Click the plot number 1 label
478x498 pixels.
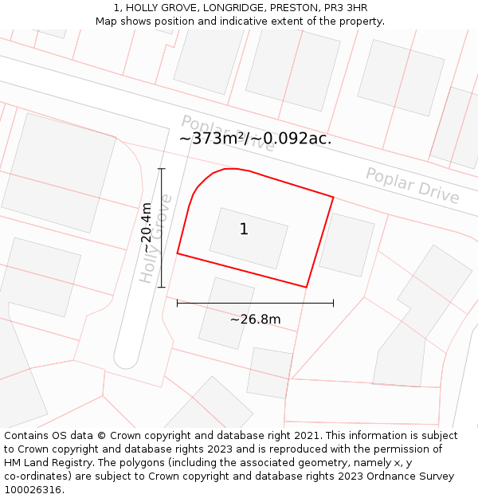point(244,229)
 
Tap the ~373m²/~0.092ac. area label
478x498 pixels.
point(255,138)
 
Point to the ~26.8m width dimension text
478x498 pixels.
point(255,320)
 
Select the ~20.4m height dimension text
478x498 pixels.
point(147,228)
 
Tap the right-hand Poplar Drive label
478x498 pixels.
point(412,185)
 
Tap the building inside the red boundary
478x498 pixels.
point(249,238)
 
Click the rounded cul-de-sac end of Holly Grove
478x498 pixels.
point(126,358)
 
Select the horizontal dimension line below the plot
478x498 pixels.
point(255,303)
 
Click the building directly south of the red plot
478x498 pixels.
point(226,312)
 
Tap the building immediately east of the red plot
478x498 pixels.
point(347,244)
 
